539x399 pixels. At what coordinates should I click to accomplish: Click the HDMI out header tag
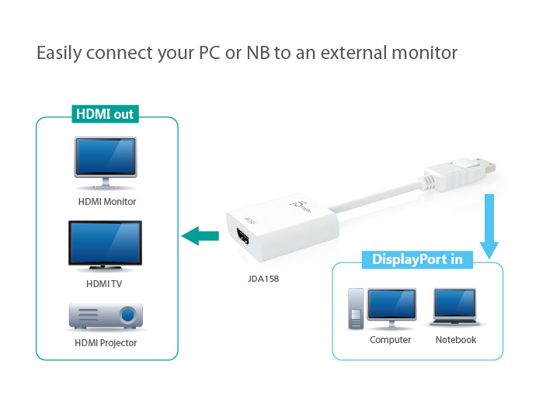[x=104, y=115]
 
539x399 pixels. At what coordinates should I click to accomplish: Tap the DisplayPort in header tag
[x=417, y=259]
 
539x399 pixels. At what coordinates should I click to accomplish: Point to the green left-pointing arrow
[x=200, y=235]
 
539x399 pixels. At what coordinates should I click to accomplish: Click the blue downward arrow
[x=489, y=225]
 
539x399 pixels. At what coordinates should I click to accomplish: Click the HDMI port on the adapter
[x=242, y=240]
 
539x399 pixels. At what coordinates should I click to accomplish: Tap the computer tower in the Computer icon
[x=356, y=310]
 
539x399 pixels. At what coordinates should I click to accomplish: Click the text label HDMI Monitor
[x=107, y=202]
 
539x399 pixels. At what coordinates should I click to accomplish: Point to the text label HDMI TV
[x=104, y=284]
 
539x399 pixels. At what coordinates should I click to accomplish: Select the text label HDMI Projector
[x=106, y=342]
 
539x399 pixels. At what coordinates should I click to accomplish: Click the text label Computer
[x=390, y=340]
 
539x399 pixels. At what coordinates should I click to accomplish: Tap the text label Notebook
[x=456, y=340]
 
